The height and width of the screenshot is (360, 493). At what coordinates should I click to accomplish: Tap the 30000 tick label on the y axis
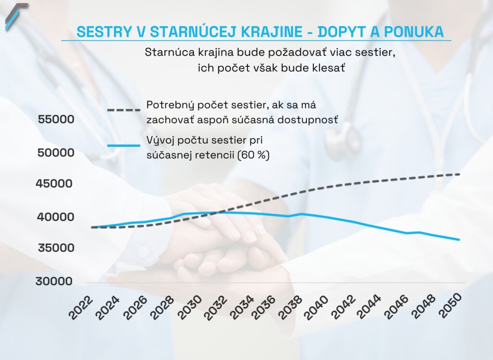pos(54,281)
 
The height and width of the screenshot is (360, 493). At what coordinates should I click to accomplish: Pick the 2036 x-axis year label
pos(265,307)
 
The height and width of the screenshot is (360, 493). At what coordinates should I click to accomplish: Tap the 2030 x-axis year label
pos(186,307)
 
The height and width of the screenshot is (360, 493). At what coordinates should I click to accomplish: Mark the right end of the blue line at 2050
pos(459,240)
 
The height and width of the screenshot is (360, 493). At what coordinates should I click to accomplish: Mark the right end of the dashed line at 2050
pos(459,174)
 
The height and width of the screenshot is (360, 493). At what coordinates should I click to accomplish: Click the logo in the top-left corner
pos(16,15)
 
